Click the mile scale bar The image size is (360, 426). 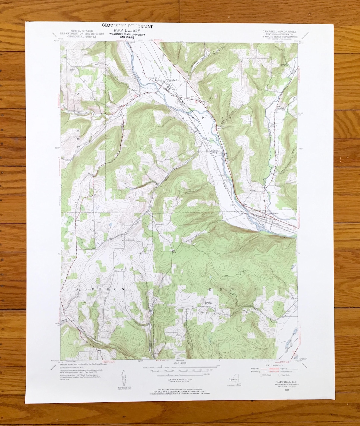coord(177,367)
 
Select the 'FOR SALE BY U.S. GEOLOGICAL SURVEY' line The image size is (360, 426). coord(180,391)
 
